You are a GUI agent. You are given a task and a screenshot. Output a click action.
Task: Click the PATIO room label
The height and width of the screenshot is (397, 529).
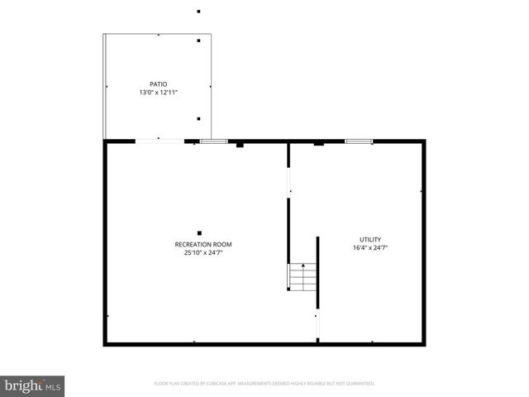158,84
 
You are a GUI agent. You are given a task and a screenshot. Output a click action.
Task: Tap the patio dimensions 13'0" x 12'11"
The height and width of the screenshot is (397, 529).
158,93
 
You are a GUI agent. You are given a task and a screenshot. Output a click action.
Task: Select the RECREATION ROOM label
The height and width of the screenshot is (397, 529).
203,244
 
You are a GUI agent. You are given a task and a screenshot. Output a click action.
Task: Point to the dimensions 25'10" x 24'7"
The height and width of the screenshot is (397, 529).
203,253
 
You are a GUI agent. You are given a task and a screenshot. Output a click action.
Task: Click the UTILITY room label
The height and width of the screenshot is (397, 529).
369,239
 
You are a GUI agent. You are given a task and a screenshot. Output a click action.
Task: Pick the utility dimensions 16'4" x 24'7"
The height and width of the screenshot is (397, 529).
369,248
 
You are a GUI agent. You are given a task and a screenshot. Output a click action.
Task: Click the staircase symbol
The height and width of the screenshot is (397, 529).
303,278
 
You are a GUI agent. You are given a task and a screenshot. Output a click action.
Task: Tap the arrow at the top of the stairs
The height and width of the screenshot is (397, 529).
303,266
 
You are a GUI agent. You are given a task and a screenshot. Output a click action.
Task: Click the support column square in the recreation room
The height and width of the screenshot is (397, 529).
199,232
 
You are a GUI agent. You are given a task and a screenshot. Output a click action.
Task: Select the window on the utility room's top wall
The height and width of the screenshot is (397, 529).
358,141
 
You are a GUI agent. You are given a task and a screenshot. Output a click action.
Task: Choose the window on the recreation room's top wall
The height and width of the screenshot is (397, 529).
213,141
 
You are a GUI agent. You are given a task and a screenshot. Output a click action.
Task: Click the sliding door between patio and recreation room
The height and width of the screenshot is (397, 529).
160,141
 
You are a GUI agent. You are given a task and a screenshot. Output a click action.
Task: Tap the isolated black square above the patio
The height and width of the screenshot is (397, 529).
198,12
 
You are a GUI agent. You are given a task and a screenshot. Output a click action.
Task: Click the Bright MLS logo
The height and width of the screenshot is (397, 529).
32,385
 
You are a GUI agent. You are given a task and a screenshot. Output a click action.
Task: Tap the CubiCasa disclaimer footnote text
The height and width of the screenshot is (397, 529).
264,384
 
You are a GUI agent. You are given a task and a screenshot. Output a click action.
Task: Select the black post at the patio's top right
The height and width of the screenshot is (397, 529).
198,41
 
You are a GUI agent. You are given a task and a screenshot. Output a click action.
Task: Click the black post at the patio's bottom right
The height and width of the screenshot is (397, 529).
198,119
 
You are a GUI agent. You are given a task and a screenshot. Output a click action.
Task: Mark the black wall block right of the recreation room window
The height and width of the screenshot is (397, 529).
240,145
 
